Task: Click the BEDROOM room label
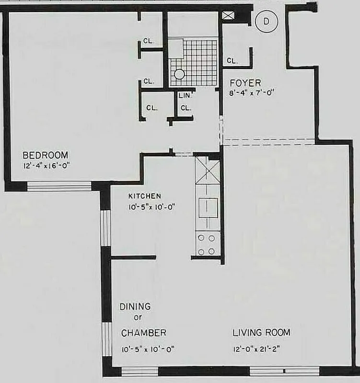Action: [x=46, y=155]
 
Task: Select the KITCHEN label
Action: [x=144, y=196]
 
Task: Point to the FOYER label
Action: [x=245, y=83]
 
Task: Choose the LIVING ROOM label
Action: [x=261, y=332]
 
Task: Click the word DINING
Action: [x=135, y=306]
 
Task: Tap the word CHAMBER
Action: [x=143, y=333]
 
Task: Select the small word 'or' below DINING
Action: [x=138, y=317]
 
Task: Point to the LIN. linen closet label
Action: [x=185, y=96]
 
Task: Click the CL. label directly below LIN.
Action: [x=186, y=108]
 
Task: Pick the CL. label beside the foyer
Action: [x=232, y=61]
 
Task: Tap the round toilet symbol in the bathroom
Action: [x=179, y=75]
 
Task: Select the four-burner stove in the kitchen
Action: [x=208, y=244]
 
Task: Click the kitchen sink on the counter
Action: [x=208, y=207]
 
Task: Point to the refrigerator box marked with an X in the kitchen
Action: [x=208, y=171]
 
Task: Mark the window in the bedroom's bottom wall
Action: [x=58, y=186]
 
